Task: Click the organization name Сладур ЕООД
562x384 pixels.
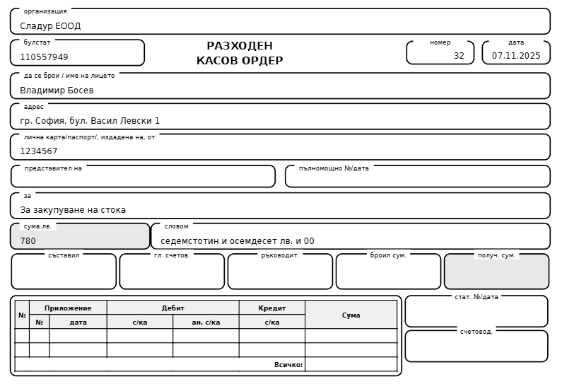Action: [x=50, y=26]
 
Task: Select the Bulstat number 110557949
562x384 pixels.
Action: [x=44, y=57]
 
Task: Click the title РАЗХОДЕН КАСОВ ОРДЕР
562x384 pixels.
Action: [x=240, y=53]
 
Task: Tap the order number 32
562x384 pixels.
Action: [x=459, y=56]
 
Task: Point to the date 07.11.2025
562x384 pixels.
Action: [x=515, y=56]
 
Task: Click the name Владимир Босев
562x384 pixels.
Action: [x=57, y=91]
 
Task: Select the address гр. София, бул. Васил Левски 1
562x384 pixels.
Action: [x=90, y=121]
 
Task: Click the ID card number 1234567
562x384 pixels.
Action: [x=39, y=151]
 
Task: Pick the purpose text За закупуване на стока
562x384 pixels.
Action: [x=73, y=210]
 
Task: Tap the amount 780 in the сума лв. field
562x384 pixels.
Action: [x=28, y=241]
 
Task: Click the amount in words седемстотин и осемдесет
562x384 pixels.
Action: [x=238, y=241]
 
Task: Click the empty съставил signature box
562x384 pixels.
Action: [x=64, y=274]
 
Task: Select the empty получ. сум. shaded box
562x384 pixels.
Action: [x=496, y=274]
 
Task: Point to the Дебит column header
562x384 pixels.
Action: [x=172, y=308]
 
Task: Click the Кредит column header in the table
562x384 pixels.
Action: [x=272, y=308]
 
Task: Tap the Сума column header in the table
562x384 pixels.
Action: [x=351, y=315]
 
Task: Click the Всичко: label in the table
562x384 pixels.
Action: [x=288, y=365]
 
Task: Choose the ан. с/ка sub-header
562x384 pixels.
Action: [x=206, y=322]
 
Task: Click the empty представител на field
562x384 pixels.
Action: [x=143, y=178]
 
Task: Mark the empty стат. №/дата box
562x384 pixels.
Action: [x=476, y=313]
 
